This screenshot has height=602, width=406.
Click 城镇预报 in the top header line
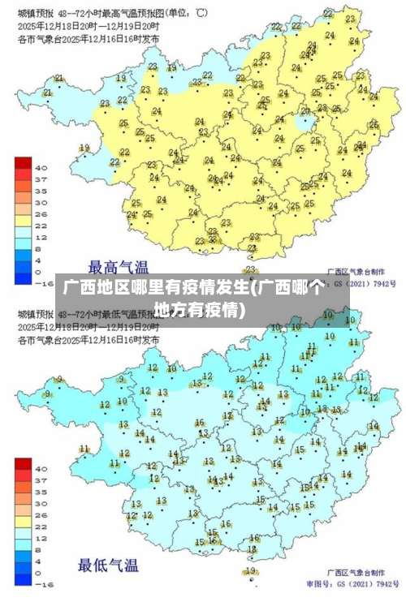click(x=34, y=12)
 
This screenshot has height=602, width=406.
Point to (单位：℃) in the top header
click(x=186, y=12)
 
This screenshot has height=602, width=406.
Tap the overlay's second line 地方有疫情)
click(x=201, y=310)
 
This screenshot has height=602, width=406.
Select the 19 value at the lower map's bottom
click(x=251, y=570)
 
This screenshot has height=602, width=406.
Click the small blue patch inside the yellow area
click(x=306, y=123)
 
